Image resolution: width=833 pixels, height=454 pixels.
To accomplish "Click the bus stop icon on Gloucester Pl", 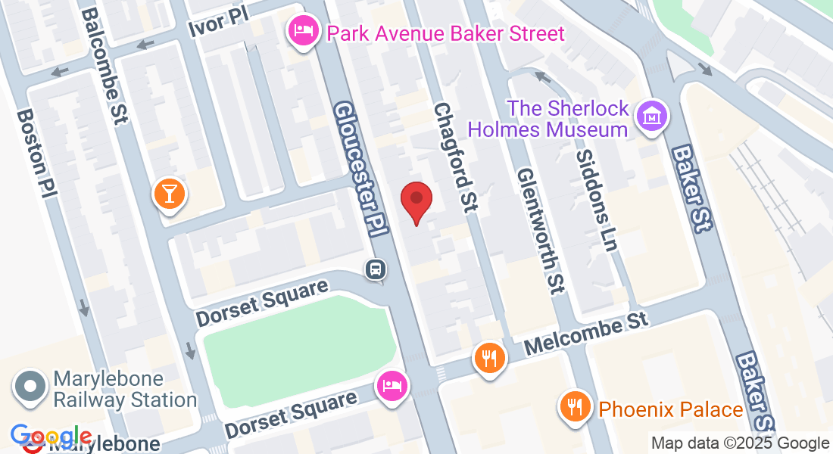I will click(375, 269).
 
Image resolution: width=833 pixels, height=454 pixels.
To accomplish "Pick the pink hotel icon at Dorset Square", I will click(392, 386).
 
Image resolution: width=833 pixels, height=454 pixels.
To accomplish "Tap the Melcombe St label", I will click(587, 332).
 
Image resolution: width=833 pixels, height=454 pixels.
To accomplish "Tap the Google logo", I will click(50, 437).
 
